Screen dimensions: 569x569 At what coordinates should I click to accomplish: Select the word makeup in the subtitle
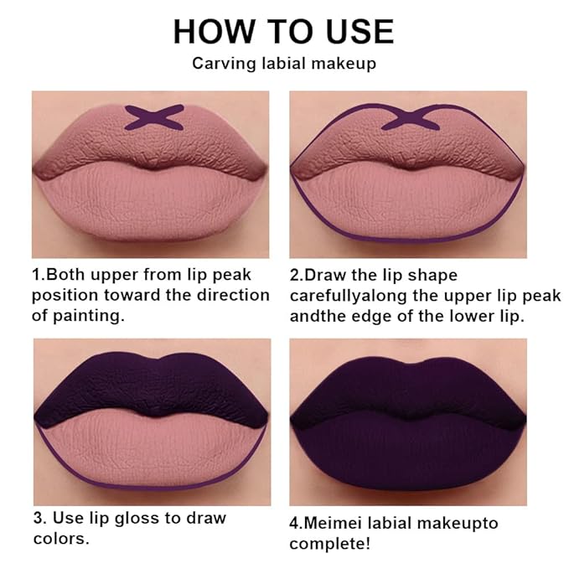[347, 64]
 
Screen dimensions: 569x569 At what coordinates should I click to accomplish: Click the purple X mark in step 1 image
[154, 116]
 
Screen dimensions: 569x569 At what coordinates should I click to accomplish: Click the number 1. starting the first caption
[38, 275]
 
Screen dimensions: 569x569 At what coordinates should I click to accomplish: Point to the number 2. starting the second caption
[296, 275]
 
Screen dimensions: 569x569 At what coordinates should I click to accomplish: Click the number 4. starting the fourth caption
[296, 524]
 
